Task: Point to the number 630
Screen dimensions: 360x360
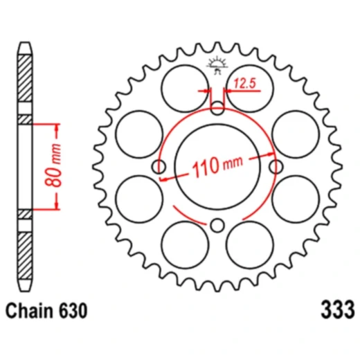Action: click(x=71, y=312)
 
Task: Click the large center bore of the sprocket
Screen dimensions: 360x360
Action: click(x=217, y=166)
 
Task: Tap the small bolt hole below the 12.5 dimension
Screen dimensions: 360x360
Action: click(x=217, y=107)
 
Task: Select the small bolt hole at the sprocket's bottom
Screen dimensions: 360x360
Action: click(x=217, y=224)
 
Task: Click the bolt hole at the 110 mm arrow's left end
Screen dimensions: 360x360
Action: click(x=159, y=166)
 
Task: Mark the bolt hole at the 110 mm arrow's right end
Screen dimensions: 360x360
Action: click(x=276, y=166)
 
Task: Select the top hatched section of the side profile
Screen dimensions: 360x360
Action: click(x=26, y=80)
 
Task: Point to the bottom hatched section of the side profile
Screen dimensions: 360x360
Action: click(x=26, y=253)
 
